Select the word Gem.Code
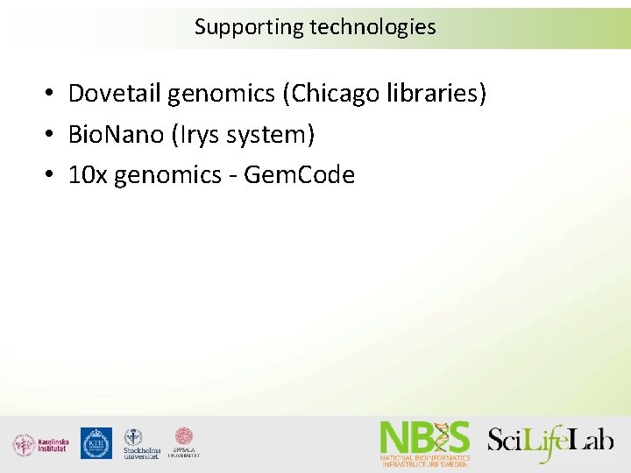click(x=299, y=175)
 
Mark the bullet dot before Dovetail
click(x=53, y=94)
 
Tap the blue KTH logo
click(x=96, y=443)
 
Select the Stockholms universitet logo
click(x=141, y=443)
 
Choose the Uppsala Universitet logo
click(x=184, y=442)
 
